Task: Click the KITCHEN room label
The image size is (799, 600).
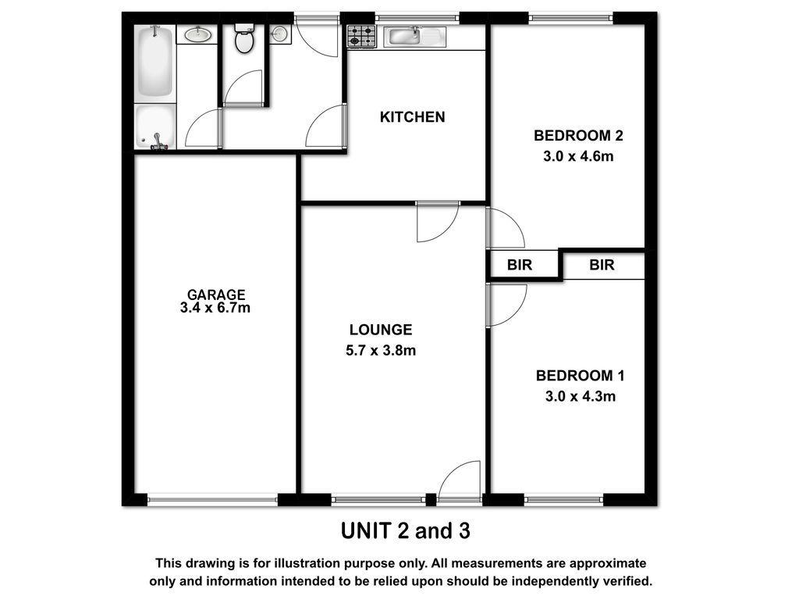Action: click(412, 117)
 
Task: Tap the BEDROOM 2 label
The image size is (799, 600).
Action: click(578, 136)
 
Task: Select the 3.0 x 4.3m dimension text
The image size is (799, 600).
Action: click(581, 396)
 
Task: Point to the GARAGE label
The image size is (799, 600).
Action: click(216, 295)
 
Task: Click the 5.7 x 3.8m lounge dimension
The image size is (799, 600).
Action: click(381, 351)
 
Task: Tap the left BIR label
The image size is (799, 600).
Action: click(519, 265)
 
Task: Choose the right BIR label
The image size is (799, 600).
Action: click(602, 265)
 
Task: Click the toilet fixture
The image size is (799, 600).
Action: click(244, 38)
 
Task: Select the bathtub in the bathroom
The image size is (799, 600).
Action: click(155, 62)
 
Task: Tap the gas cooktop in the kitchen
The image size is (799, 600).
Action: click(362, 37)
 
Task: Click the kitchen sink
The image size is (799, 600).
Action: click(415, 37)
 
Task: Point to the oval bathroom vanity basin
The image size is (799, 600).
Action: click(197, 34)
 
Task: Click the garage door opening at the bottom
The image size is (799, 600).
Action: click(212, 499)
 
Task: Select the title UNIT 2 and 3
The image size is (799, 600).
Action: click(406, 531)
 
